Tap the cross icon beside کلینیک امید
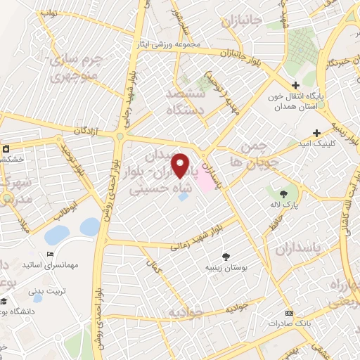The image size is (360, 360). [317, 132]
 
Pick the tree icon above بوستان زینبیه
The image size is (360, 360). [226, 257]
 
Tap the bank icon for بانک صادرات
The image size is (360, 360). [287, 313]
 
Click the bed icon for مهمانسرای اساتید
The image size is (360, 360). [49, 254]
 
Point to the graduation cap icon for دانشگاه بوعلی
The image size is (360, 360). [5, 301]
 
